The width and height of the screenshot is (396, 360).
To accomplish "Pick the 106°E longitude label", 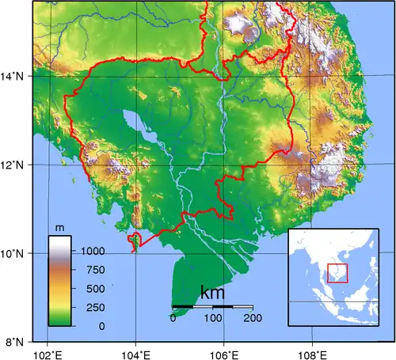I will [x=224, y=352].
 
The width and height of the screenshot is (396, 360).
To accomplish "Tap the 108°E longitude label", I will [x=311, y=352].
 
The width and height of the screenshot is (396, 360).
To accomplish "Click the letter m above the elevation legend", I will [x=59, y=228].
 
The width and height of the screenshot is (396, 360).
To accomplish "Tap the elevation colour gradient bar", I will [x=59, y=281].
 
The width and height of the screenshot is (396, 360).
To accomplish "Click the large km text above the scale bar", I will [x=212, y=293].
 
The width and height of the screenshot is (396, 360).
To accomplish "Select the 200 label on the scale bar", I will [x=253, y=318].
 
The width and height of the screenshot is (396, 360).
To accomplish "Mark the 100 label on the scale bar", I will [x=213, y=318].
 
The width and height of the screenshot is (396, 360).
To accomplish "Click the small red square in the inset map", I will [x=337, y=273].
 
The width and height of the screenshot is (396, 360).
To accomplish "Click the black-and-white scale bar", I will [x=212, y=306].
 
